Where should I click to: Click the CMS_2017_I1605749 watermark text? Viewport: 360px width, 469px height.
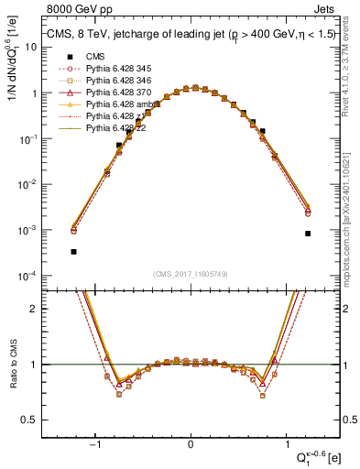[191, 274]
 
